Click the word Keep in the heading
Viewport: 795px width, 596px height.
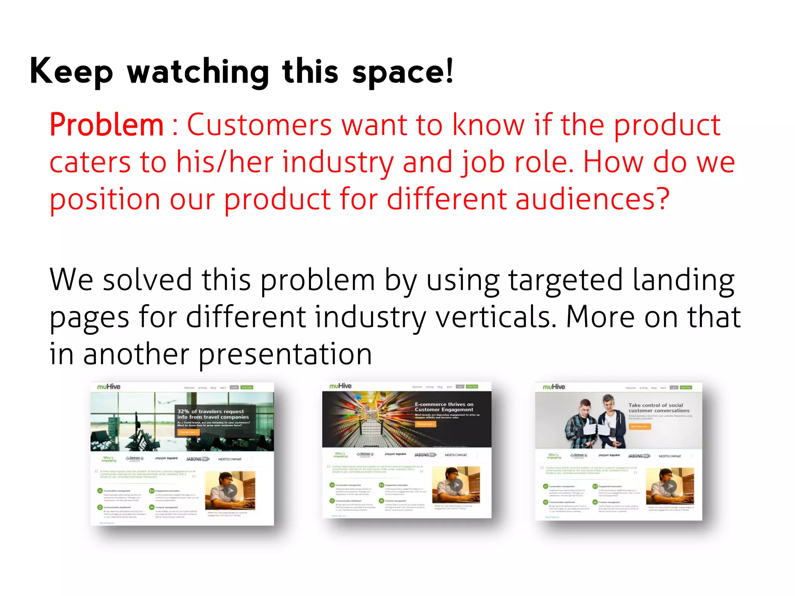pos(71,71)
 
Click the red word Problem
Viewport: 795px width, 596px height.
pos(106,125)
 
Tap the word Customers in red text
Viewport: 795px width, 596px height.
pos(259,125)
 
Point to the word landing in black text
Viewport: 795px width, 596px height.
pos(683,280)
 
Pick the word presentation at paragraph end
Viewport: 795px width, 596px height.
pos(285,354)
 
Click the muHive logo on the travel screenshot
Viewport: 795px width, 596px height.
pos(109,387)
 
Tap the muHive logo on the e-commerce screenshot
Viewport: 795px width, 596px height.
pos(340,386)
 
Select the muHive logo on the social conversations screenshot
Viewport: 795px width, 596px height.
pos(554,387)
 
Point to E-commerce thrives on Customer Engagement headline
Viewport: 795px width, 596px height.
pos(444,407)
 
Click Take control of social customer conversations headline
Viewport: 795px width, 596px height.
pos(659,408)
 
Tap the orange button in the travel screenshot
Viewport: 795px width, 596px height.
pos(189,432)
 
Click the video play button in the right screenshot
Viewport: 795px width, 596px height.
pos(670,486)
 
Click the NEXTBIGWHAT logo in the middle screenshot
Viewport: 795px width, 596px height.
pos(456,455)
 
